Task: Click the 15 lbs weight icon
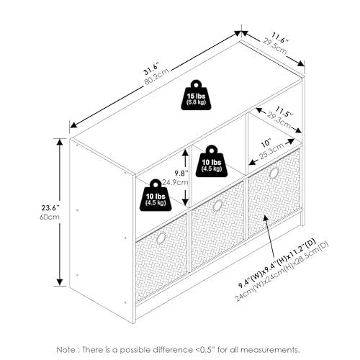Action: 196,95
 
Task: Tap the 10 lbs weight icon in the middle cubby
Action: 211,161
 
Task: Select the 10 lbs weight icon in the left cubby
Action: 156,195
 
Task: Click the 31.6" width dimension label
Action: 151,69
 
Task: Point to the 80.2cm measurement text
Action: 157,76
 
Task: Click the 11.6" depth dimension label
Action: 280,38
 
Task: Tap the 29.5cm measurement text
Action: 275,46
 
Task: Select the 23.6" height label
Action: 50,208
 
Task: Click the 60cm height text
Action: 50,217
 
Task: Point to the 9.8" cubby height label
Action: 181,173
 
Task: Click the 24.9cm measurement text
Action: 175,182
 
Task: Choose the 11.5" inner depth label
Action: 284,112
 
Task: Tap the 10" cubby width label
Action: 266,143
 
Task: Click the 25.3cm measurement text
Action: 272,151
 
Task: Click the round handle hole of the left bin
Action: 161,238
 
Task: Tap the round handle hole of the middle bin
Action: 217,205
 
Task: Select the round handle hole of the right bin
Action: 274,173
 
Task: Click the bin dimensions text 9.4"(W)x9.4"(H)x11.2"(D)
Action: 277,264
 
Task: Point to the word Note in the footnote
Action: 66,350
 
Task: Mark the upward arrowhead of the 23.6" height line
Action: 60,142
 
